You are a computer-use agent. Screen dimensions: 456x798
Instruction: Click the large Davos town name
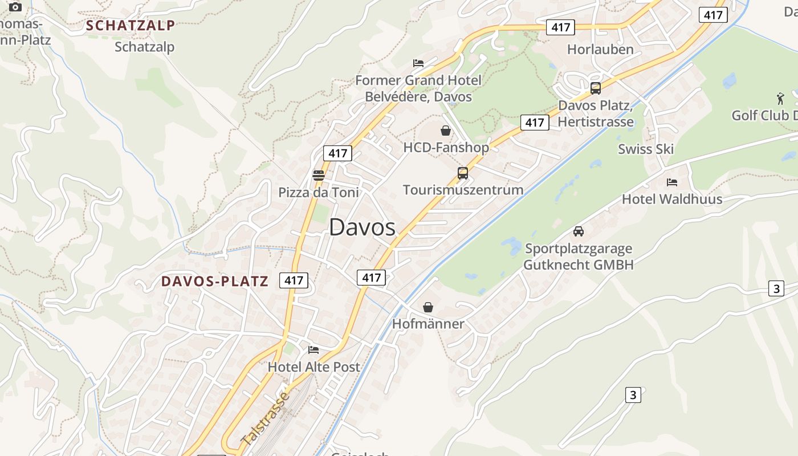pos(362,227)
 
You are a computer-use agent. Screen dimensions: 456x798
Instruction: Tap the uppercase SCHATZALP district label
pos(131,26)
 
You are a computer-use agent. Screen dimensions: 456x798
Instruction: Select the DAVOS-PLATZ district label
pos(214,281)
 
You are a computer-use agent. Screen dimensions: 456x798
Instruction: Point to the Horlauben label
pos(600,50)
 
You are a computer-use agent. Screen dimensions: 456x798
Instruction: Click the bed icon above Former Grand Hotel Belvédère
pos(418,63)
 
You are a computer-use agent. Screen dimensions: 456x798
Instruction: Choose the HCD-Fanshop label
pos(446,148)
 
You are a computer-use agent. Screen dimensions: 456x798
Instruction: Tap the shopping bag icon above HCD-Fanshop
pos(446,131)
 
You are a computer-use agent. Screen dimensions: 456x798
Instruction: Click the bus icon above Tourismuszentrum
pos(463,173)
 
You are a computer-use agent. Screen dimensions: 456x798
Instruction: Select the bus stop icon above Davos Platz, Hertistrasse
pos(596,88)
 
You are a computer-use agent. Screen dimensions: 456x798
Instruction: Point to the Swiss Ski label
pos(646,149)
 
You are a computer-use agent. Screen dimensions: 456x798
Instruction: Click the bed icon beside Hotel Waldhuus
pos(672,182)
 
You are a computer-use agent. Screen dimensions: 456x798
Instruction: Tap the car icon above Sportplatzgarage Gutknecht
pos(579,231)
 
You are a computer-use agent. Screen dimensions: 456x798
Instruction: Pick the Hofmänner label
pos(428,324)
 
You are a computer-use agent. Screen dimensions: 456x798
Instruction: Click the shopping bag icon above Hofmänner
pos(428,308)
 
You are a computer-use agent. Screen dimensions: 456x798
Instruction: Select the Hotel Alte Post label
pos(314,367)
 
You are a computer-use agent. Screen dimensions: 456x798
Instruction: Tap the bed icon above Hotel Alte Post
pos(313,350)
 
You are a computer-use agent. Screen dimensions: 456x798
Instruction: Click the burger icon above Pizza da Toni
pos(319,175)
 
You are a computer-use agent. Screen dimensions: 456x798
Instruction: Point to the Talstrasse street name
pos(266,419)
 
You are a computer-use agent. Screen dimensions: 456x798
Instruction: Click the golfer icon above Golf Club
pos(780,97)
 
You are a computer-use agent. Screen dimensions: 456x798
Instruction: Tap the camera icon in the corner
pos(15,7)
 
